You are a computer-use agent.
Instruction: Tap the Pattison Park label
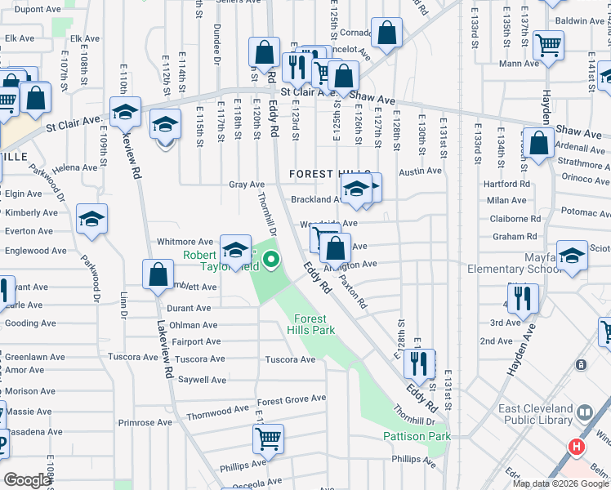417,436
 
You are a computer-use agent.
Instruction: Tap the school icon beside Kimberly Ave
92,218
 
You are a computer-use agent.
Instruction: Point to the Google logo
27,480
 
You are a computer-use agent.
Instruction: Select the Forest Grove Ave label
292,399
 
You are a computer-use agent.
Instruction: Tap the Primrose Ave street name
145,422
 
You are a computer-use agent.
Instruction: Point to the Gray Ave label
247,185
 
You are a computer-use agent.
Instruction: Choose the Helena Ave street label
75,168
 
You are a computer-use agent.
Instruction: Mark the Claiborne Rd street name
515,218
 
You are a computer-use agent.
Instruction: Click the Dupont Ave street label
38,9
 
